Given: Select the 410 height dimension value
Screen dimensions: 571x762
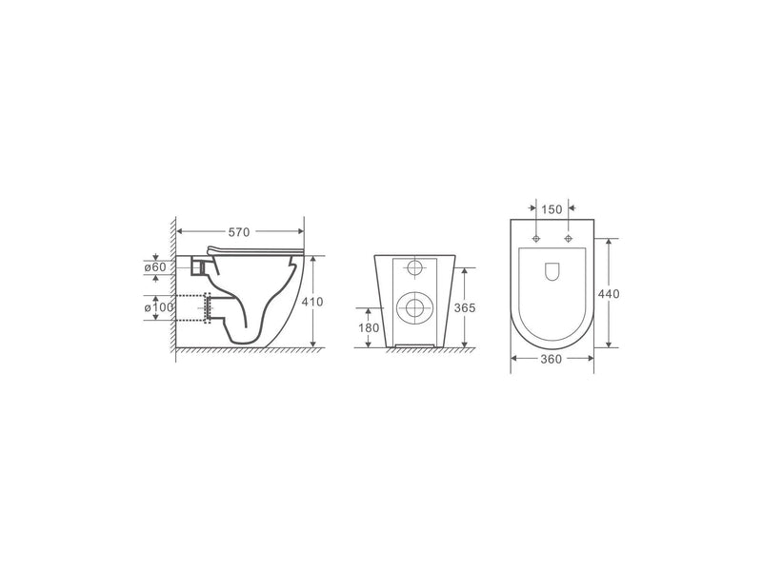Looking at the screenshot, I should click(x=313, y=302).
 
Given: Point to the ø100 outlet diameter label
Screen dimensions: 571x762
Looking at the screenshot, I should click(x=158, y=307).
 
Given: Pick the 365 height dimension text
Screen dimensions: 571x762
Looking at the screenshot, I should click(x=466, y=308).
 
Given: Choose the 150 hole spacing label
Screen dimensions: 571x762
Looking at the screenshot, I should click(x=551, y=209).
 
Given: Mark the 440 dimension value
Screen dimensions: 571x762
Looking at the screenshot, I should click(x=609, y=294).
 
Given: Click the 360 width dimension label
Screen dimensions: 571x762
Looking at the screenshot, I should click(x=552, y=360).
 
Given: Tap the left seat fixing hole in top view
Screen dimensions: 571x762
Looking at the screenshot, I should click(x=537, y=236).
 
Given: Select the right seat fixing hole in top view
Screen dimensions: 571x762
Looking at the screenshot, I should click(x=568, y=236).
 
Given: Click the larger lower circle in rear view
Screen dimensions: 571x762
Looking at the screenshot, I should click(x=413, y=305).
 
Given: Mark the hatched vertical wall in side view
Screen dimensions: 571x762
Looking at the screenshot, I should click(x=173, y=285).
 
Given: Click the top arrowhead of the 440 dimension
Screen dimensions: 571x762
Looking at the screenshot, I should click(x=609, y=239).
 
